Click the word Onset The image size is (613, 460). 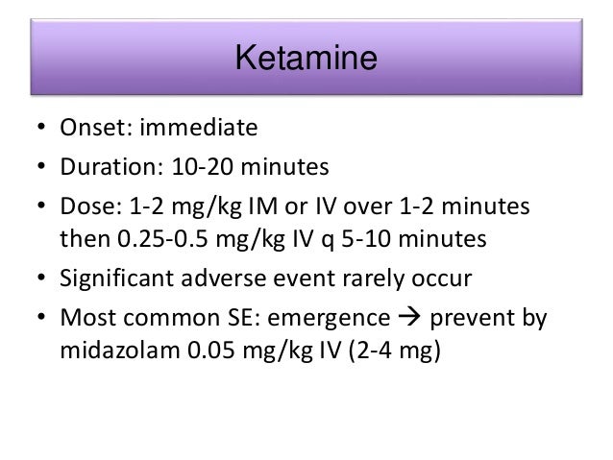92,129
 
